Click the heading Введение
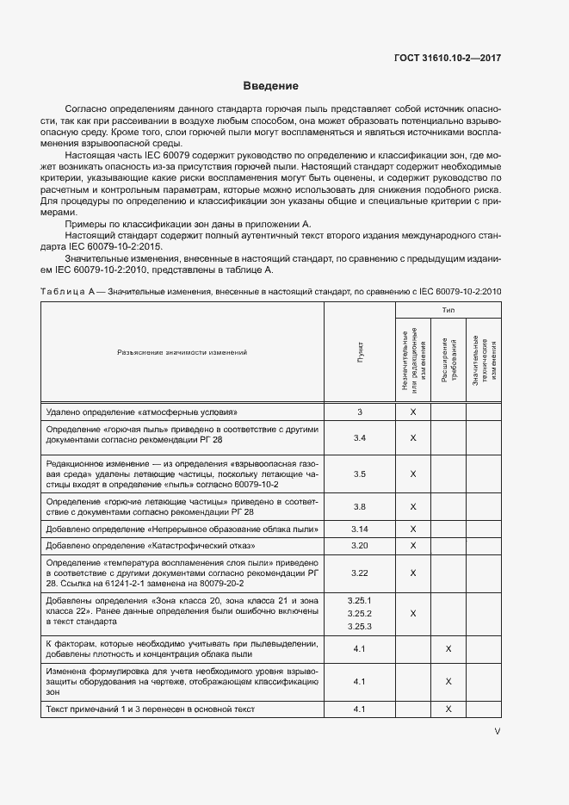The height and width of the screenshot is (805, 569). pyautogui.click(x=270, y=86)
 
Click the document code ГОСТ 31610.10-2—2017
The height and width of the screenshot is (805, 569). pyautogui.click(x=447, y=58)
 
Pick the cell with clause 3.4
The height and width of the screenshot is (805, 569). pyautogui.click(x=360, y=438)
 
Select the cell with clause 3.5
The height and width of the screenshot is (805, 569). pyautogui.click(x=360, y=474)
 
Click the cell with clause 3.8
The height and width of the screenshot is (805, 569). pyautogui.click(x=360, y=507)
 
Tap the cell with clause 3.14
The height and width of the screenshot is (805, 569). pyautogui.click(x=360, y=529)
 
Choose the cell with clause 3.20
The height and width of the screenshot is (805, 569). pyautogui.click(x=360, y=545)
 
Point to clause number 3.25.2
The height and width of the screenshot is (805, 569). pyautogui.click(x=360, y=614)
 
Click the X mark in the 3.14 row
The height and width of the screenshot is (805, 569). pyautogui.click(x=413, y=529)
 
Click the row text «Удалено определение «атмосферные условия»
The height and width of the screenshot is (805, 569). pyautogui.click(x=140, y=412)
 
